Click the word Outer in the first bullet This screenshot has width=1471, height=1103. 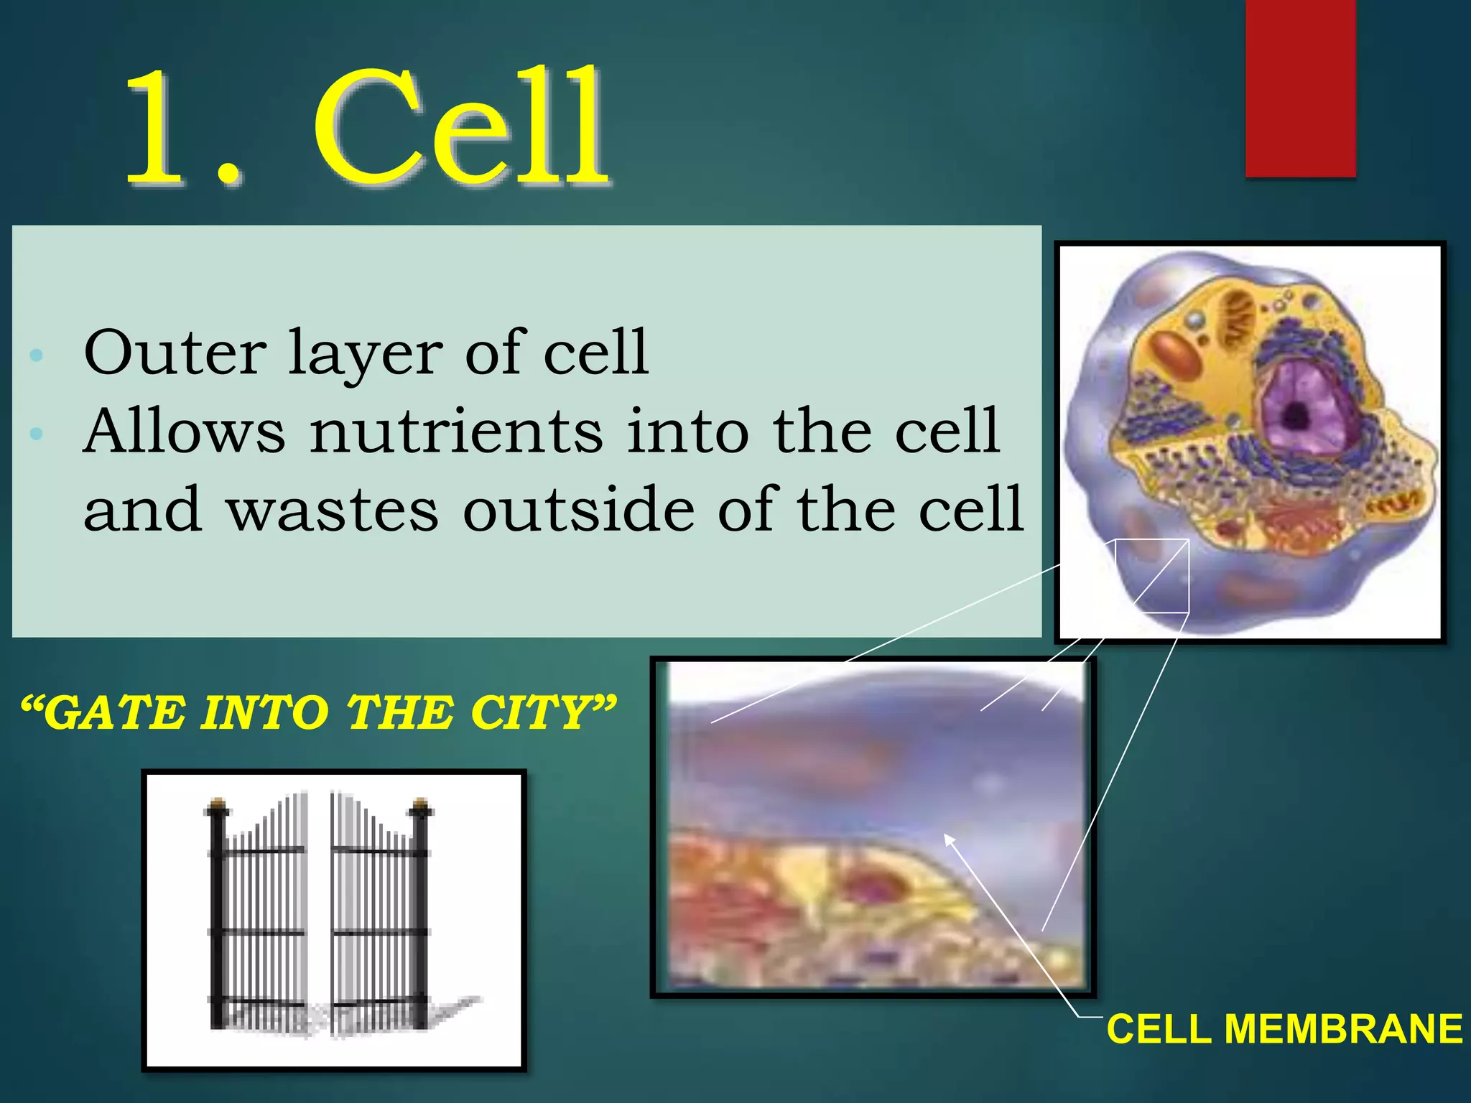pyautogui.click(x=175, y=353)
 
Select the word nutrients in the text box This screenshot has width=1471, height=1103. pyautogui.click(x=456, y=432)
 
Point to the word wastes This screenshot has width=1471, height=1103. pyautogui.click(x=332, y=510)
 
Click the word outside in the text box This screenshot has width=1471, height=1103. pyautogui.click(x=578, y=510)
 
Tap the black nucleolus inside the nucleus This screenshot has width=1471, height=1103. pyautogui.click(x=1295, y=415)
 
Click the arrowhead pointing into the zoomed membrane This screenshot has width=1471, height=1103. pyautogui.click(x=949, y=838)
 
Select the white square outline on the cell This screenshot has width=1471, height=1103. pyautogui.click(x=1152, y=576)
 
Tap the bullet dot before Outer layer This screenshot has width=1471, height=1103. pyautogui.click(x=37, y=355)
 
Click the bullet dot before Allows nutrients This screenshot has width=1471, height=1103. pyautogui.click(x=37, y=433)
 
